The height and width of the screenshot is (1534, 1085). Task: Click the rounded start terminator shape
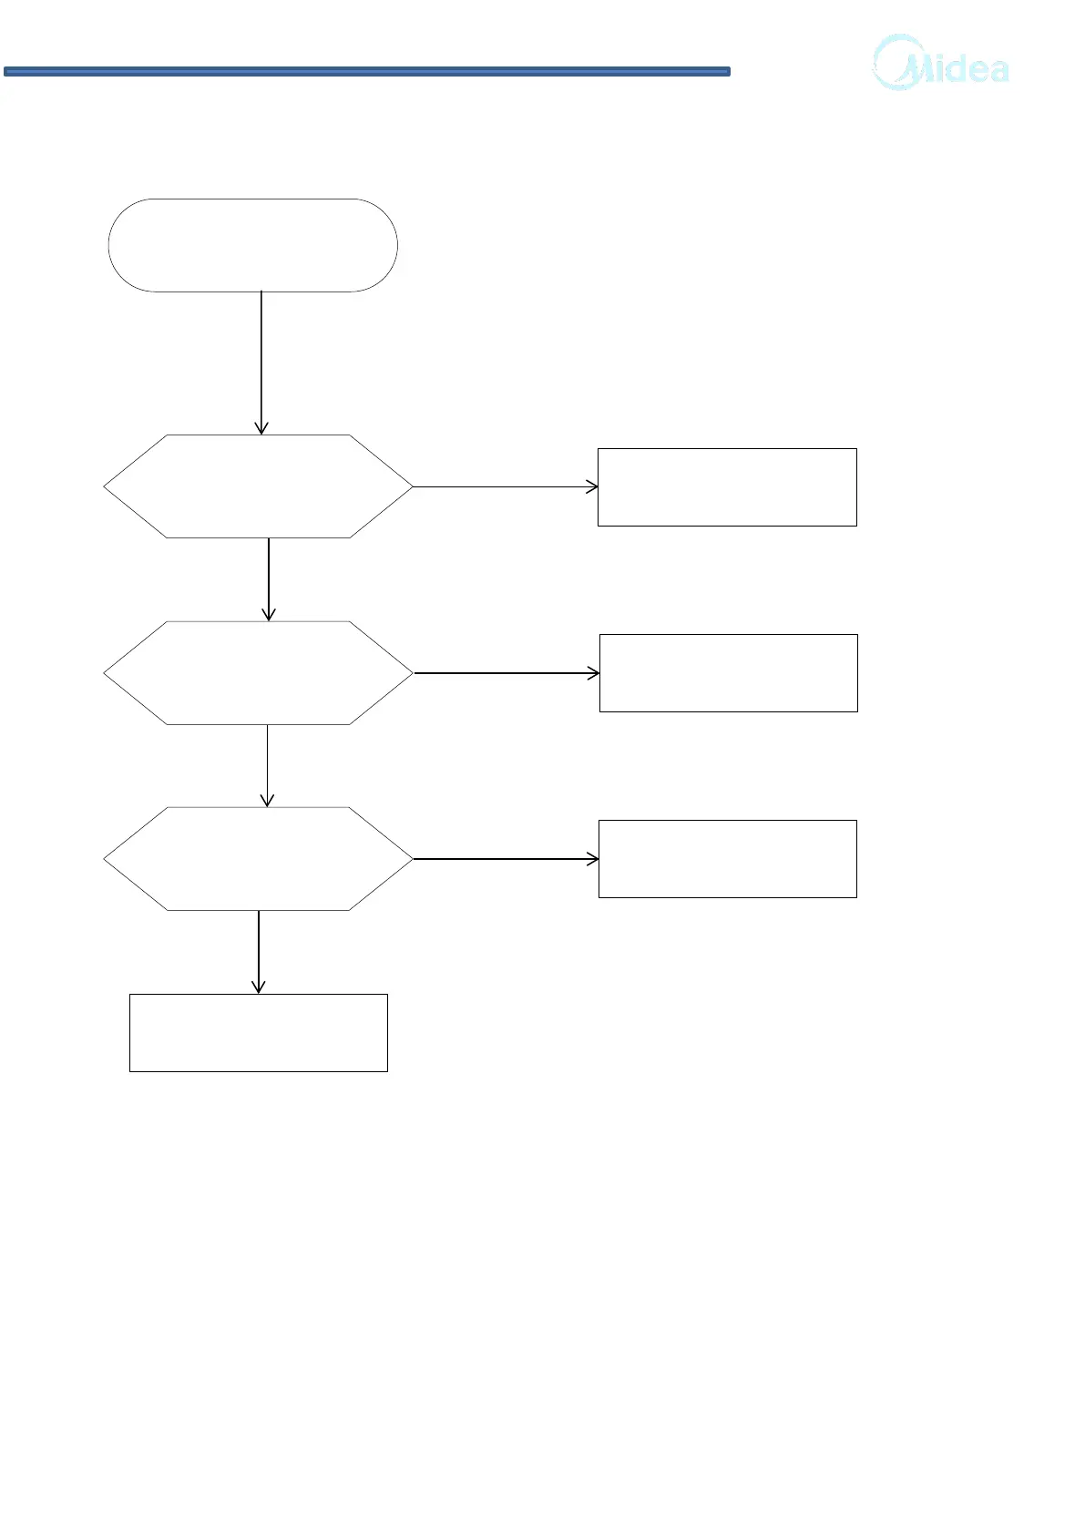tap(252, 245)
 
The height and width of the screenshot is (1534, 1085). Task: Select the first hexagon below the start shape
tap(258, 486)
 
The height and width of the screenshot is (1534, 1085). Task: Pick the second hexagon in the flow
tap(258, 673)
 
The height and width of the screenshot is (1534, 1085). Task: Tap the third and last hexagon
tap(258, 859)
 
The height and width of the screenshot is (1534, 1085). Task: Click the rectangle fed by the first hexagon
tap(727, 487)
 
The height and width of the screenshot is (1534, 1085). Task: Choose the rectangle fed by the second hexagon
tap(728, 673)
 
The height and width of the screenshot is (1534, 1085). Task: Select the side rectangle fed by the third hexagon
tap(727, 859)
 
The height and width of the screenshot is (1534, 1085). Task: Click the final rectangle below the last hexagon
tap(258, 1033)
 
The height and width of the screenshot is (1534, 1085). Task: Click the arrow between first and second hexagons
tap(269, 579)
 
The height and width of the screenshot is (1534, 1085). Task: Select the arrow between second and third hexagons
tap(267, 765)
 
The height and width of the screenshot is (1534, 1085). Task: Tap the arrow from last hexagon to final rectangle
tap(259, 951)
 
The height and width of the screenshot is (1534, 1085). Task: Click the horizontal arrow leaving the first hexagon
tap(505, 487)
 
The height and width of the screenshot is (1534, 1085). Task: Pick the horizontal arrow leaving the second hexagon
tap(507, 673)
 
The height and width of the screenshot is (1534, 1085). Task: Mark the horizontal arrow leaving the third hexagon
tap(506, 859)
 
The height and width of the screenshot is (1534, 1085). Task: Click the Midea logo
tap(941, 64)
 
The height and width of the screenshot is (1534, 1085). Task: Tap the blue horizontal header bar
tap(366, 71)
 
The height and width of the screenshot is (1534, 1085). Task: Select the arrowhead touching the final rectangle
tap(259, 987)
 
